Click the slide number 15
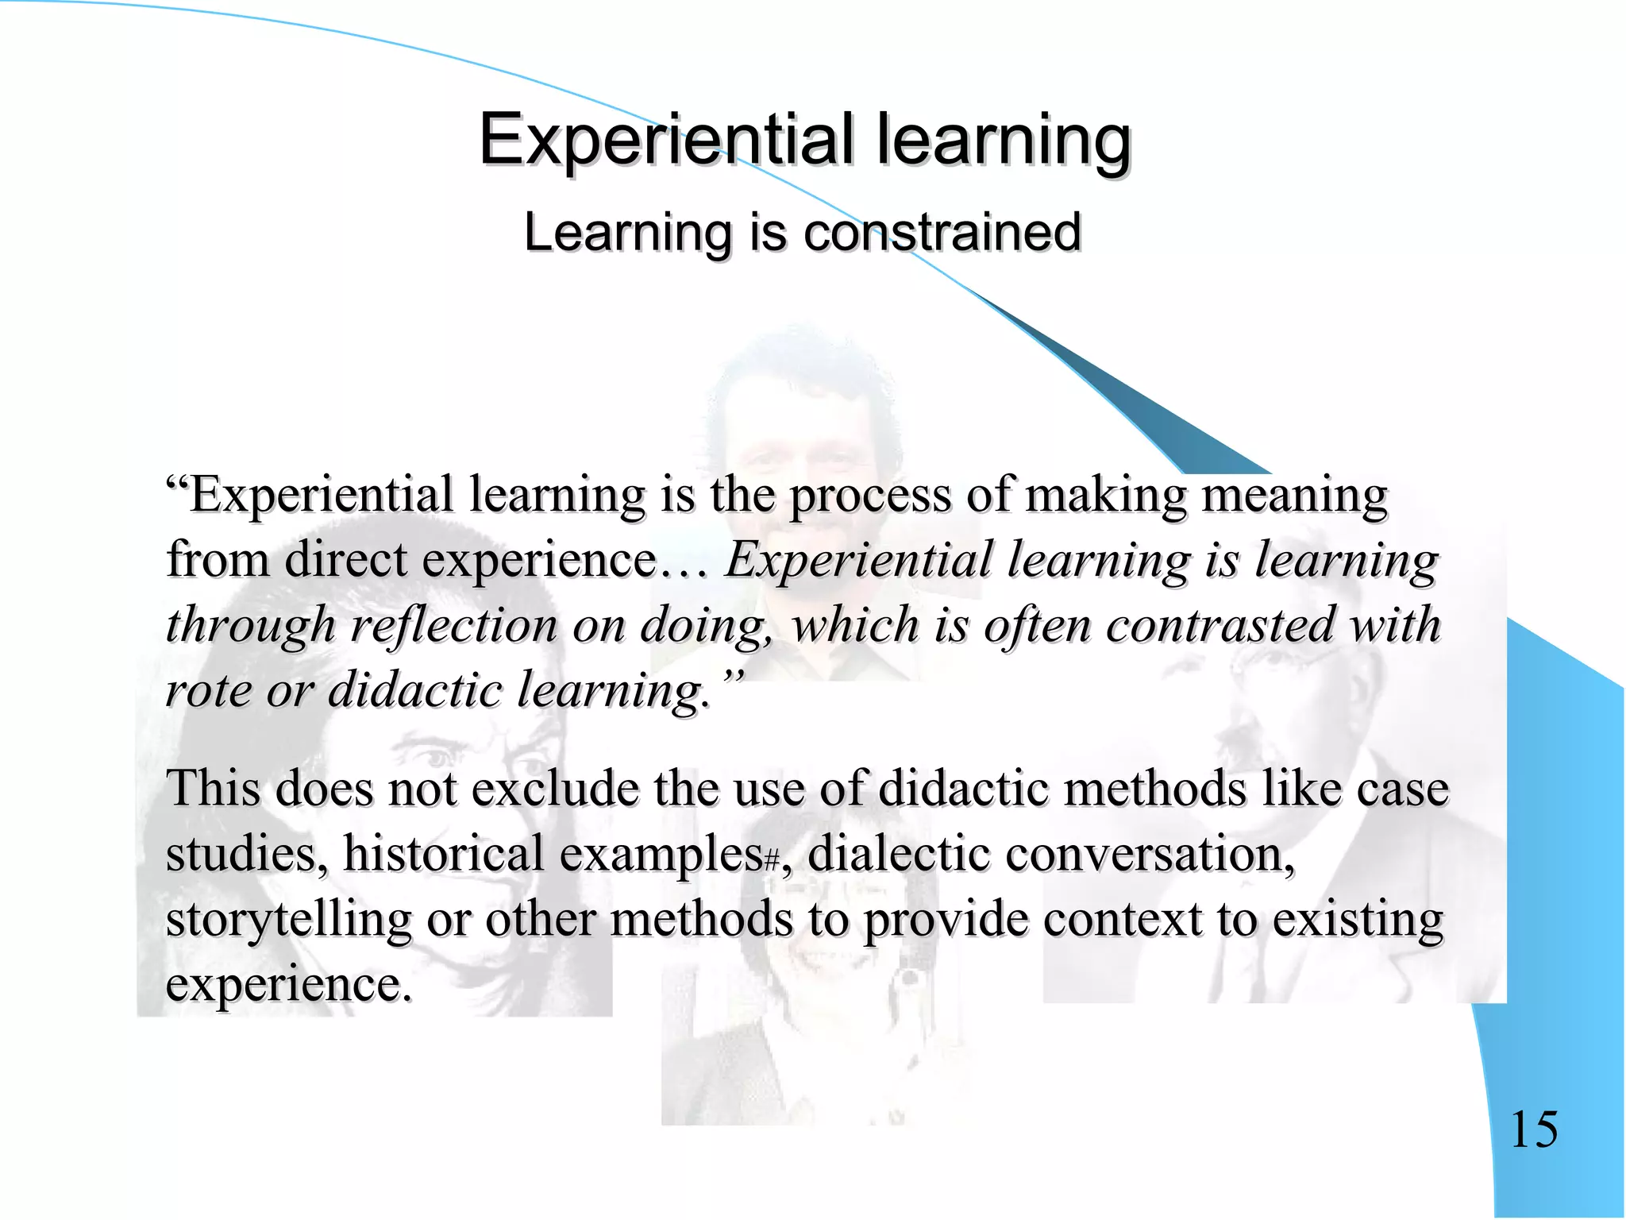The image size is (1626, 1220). tap(1534, 1129)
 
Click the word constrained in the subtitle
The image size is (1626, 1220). tap(942, 233)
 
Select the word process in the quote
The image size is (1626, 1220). tap(870, 496)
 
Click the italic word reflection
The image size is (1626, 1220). tap(454, 624)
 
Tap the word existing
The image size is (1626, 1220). tap(1358, 920)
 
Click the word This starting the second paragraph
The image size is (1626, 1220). tap(213, 790)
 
